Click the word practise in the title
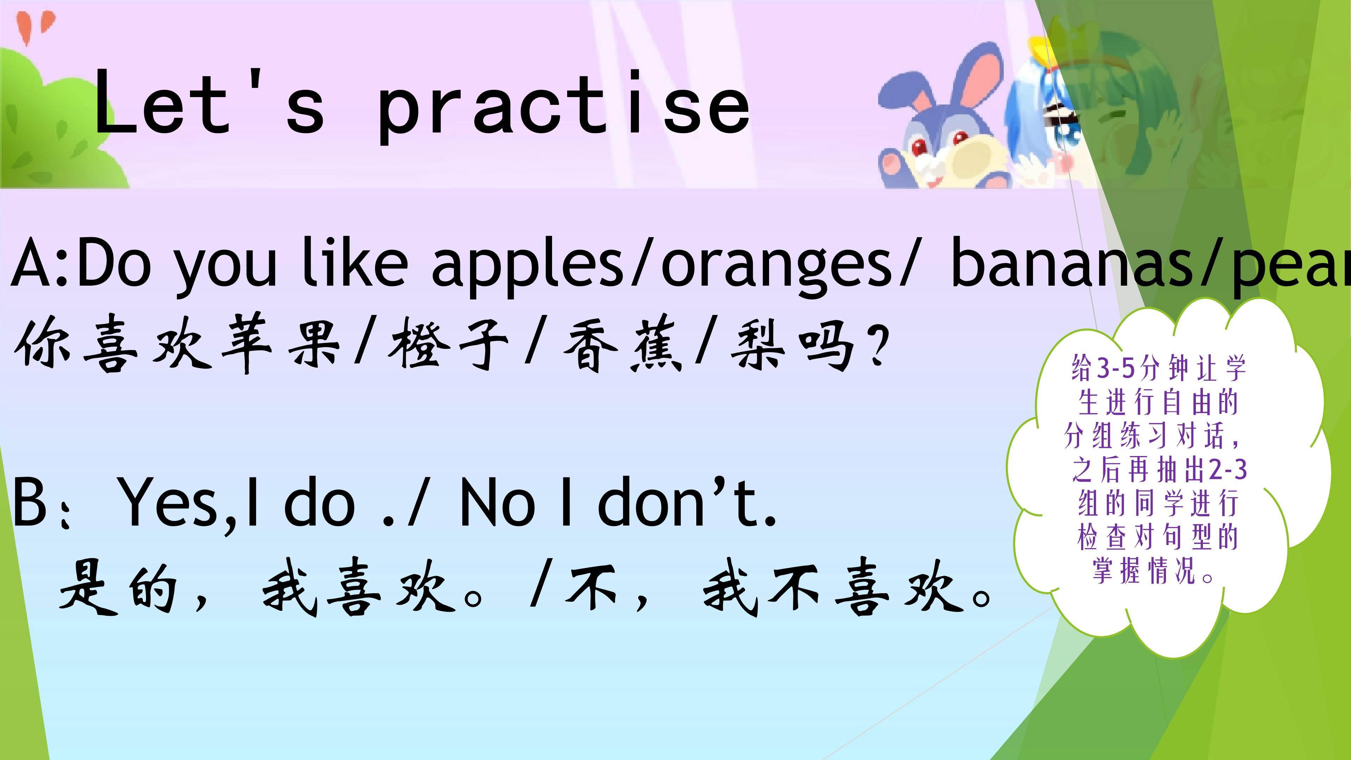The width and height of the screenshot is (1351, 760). [564, 108]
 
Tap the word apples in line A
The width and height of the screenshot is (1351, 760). [530, 262]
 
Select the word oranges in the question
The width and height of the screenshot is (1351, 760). [776, 262]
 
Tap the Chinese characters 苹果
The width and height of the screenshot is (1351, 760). [281, 343]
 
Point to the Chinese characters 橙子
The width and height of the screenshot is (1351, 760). [449, 343]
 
